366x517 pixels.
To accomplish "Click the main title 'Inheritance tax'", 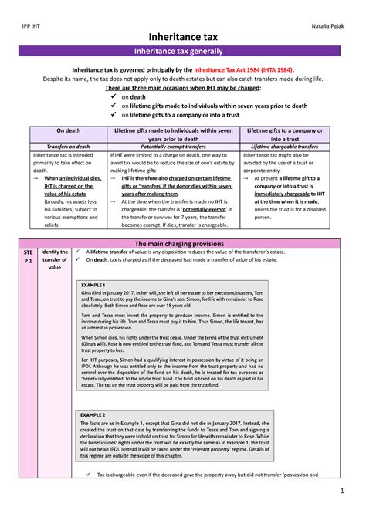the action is [x=183, y=36].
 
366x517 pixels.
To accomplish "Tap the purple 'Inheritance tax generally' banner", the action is [x=183, y=52].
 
